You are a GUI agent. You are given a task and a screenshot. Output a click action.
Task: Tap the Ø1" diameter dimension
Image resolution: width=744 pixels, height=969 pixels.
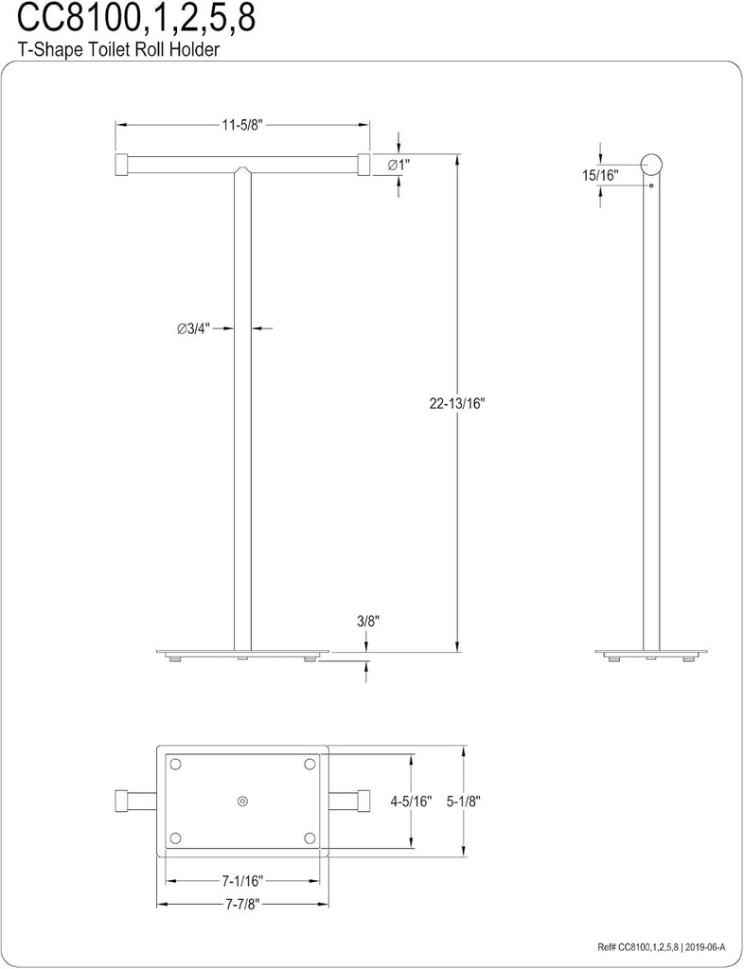point(399,165)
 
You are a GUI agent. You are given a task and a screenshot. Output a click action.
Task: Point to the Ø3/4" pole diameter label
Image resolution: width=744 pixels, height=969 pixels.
point(193,328)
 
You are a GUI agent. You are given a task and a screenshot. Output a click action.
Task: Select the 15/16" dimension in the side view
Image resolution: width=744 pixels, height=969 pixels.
point(600,175)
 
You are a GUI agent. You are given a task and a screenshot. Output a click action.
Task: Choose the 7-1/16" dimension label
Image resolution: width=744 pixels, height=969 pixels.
point(241,881)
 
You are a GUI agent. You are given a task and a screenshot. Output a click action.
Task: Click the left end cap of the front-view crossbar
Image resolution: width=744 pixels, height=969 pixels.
point(121,165)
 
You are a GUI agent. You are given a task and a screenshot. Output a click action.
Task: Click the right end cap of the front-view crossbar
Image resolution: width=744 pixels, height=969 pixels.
point(363,165)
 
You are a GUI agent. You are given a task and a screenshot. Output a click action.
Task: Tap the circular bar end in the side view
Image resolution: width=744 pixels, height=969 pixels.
point(651,165)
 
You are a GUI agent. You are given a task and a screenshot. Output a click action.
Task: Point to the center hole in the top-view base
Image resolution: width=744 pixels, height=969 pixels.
point(242,801)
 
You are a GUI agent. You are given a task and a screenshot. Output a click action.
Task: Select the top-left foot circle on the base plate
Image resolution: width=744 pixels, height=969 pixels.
point(174,764)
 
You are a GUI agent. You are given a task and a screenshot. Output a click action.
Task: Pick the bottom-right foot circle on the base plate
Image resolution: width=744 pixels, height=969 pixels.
point(310,837)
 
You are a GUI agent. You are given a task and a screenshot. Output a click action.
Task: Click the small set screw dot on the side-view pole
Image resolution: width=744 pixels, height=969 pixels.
point(651,186)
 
